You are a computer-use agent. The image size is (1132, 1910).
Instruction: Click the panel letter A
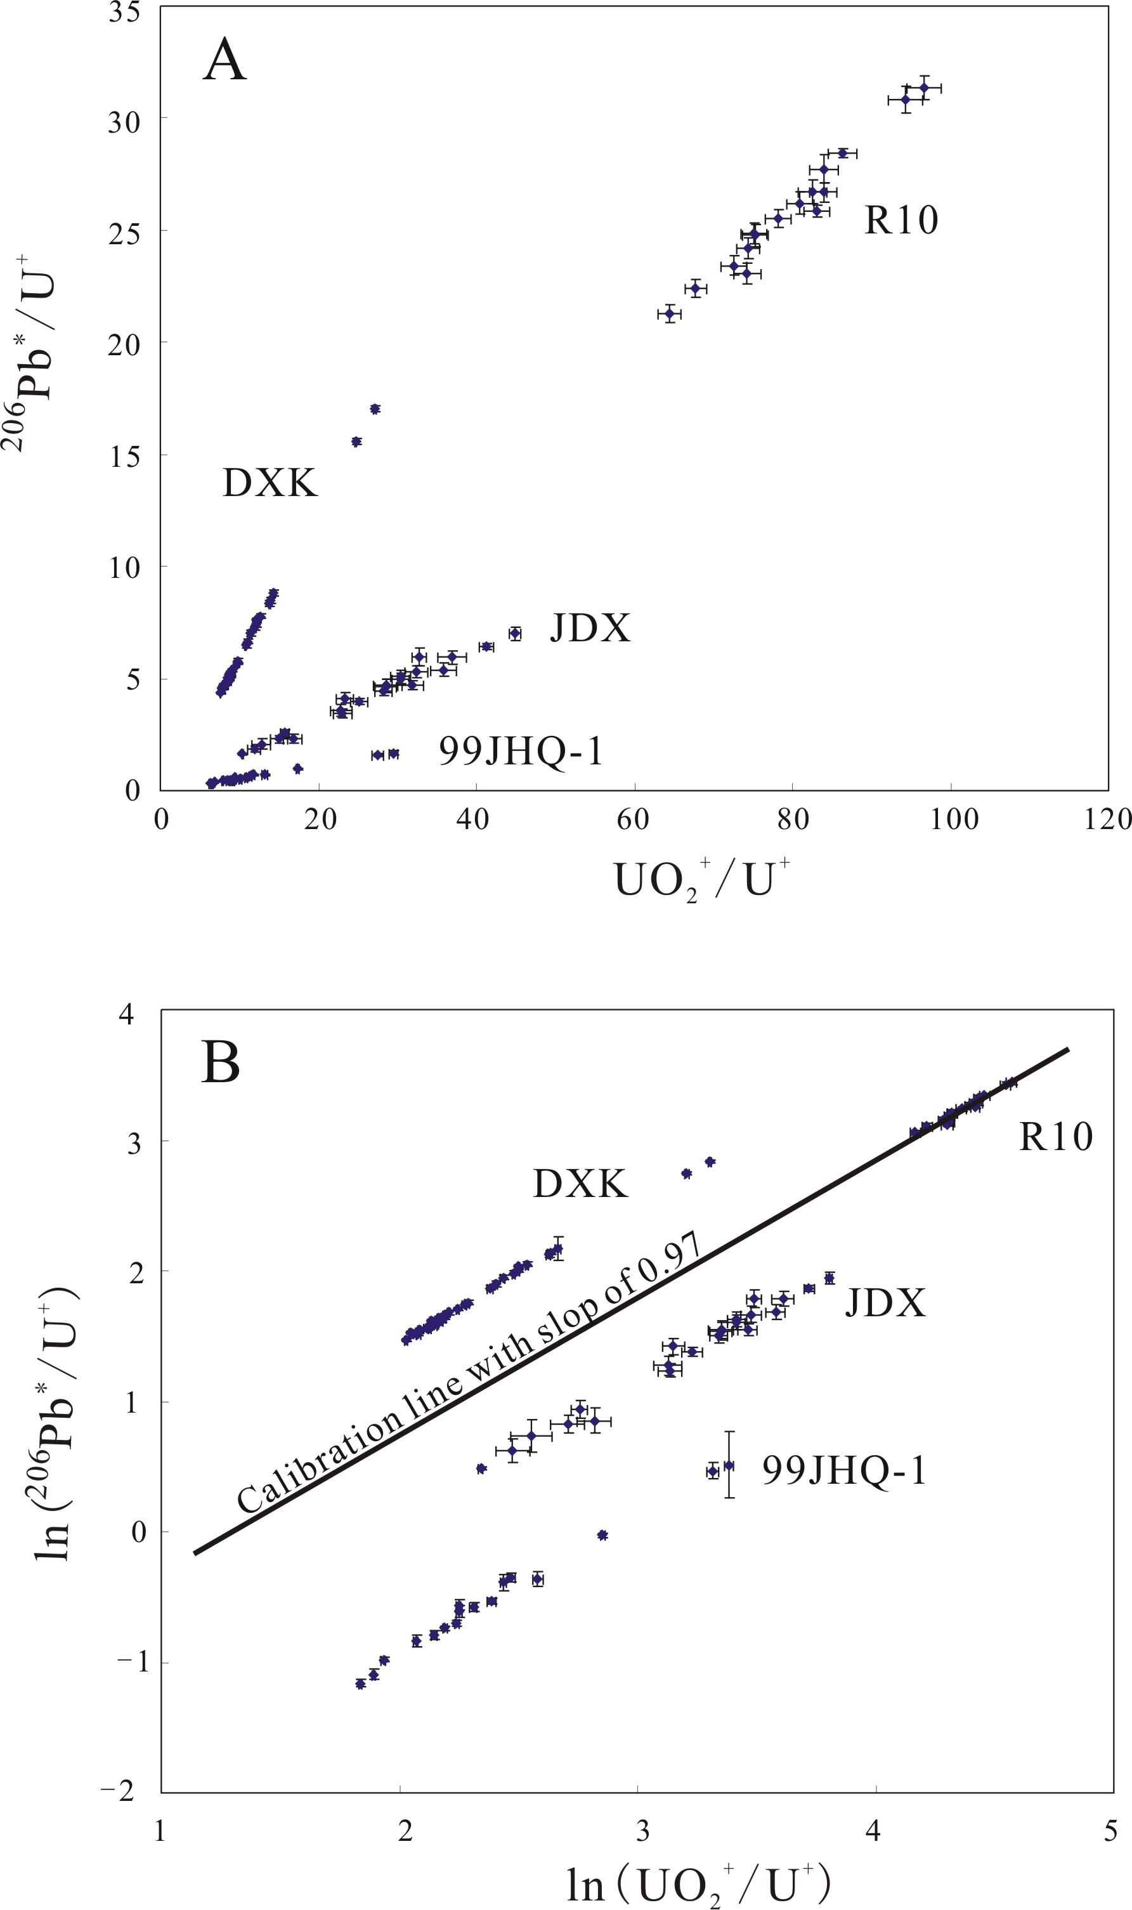pos(225,62)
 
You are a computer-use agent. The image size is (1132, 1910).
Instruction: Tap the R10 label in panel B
pos(1056,1137)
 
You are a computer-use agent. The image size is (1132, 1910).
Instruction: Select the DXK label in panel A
pos(270,483)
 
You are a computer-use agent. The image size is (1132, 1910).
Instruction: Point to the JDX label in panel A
pos(591,629)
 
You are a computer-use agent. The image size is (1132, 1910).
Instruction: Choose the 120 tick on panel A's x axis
pos(1110,820)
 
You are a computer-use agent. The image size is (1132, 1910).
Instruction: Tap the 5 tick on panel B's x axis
pos(1110,1831)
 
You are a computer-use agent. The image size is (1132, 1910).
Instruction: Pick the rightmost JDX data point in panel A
pos(515,633)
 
